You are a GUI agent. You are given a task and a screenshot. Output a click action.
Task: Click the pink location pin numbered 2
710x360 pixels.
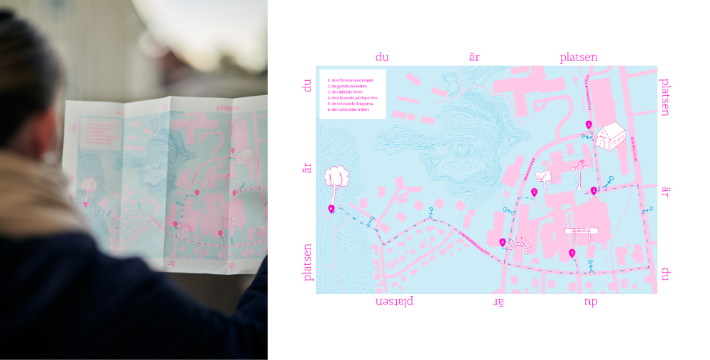click(589, 125)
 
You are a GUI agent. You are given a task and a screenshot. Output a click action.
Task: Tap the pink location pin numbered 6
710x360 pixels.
click(332, 208)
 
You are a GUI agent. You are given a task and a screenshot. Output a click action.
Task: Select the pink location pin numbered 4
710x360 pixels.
click(503, 243)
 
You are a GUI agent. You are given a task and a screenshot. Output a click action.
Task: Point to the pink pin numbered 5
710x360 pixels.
click(534, 192)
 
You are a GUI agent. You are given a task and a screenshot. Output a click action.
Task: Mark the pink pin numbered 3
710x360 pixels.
click(572, 253)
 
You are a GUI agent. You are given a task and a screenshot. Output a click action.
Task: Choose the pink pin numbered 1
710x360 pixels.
click(594, 190)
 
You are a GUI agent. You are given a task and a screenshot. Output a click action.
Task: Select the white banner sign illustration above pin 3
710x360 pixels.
click(581, 231)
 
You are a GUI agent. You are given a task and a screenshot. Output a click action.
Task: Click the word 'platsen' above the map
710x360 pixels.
click(577, 57)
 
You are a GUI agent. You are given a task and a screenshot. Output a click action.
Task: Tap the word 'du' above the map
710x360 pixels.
click(383, 57)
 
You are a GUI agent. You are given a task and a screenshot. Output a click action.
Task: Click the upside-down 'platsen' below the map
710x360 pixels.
click(394, 302)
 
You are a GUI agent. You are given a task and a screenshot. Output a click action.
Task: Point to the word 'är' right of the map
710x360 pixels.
click(665, 192)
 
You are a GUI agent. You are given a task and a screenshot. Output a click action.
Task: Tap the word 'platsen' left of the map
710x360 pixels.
click(308, 263)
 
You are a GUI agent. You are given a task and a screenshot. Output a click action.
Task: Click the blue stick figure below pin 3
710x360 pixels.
click(589, 266)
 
